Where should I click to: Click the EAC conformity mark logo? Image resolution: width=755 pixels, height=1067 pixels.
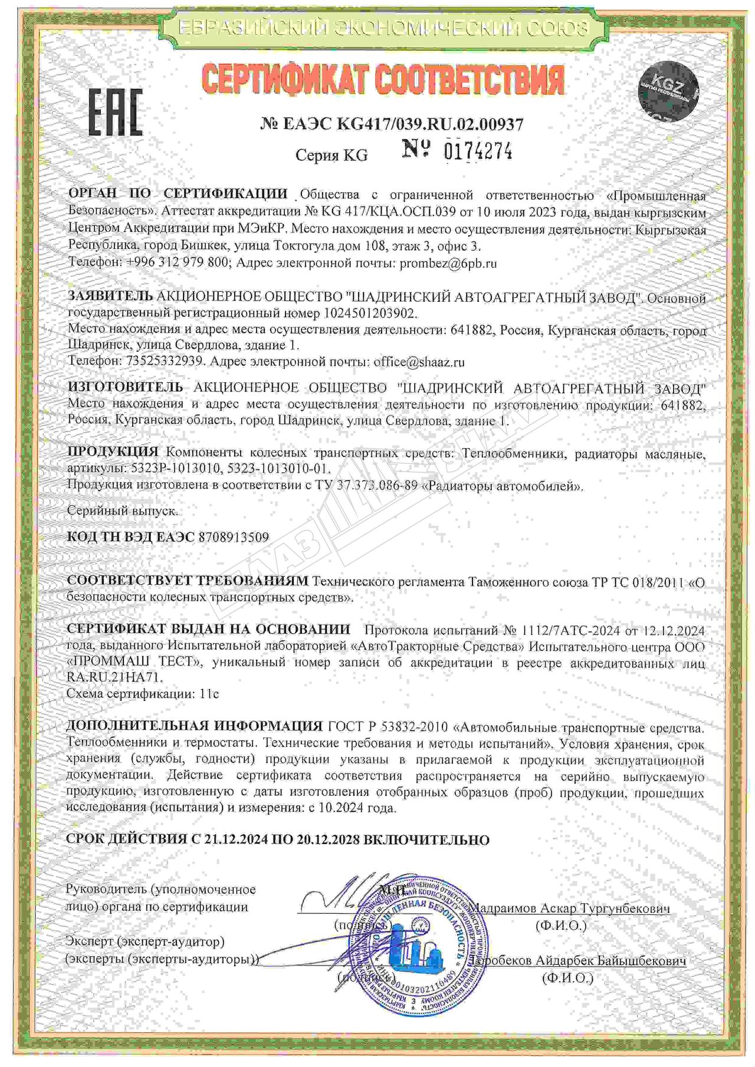pos(116,112)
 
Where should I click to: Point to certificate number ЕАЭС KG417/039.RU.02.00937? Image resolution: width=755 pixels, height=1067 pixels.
pos(391,124)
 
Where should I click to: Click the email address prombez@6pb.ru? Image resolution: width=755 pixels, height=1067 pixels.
pos(448,264)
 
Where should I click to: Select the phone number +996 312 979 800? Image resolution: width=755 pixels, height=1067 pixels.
pos(178,264)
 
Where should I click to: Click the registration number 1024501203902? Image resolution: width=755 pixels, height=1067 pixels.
pos(371,313)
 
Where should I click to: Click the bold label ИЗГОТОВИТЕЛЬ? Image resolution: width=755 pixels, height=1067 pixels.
pos(126,388)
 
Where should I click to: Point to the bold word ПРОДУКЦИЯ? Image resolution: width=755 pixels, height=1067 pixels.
pos(113,452)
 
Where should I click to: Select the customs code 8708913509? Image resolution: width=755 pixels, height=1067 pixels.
pos(234,537)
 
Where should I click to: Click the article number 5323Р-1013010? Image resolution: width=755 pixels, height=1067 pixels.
pos(174,469)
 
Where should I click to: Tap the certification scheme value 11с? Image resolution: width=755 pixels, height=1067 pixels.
pos(209,694)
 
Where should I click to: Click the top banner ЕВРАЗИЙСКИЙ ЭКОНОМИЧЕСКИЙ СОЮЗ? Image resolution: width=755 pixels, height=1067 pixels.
pos(383,27)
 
